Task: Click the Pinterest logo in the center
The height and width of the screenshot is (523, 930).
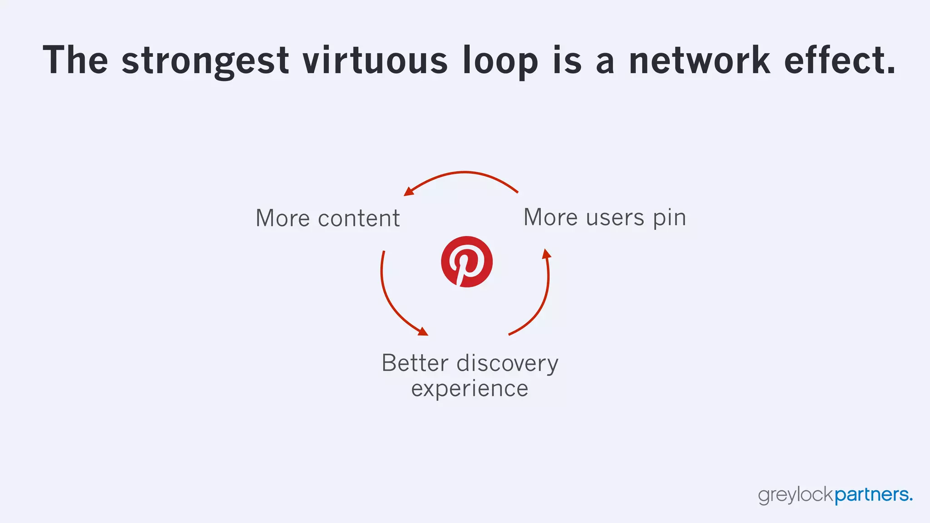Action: click(466, 261)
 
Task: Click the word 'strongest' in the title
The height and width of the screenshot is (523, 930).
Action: click(205, 60)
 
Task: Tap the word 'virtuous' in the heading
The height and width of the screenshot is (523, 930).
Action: click(375, 60)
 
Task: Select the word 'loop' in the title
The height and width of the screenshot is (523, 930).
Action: click(500, 60)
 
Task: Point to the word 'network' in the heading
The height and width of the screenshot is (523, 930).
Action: click(699, 60)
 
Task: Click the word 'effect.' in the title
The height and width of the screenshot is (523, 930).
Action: click(840, 60)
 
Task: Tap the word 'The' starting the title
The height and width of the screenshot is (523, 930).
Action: click(75, 60)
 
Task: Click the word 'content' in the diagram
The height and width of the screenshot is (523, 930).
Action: click(359, 218)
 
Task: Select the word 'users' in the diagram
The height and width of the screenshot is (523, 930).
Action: click(615, 217)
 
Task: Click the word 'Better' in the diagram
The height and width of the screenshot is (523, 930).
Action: click(415, 363)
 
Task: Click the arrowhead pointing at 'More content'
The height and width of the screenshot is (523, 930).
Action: click(409, 192)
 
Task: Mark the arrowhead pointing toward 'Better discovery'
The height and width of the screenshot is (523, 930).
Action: click(423, 332)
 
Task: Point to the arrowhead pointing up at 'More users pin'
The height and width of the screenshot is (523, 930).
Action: click(547, 253)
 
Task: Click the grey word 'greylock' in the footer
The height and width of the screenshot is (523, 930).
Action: click(796, 495)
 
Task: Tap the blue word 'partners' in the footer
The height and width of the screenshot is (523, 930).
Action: click(872, 495)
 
